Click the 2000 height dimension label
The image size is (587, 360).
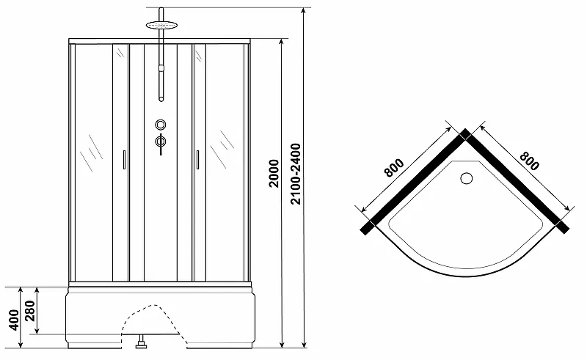tap(274, 173)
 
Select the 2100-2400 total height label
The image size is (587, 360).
tap(296, 174)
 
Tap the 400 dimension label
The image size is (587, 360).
tap(14, 320)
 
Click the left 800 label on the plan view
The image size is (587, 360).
tap(394, 167)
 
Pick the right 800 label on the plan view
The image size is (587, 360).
tap(529, 161)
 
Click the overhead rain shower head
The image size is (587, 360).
tap(161, 25)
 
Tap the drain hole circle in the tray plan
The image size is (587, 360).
tap(467, 178)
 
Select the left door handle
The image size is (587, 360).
tap(124, 160)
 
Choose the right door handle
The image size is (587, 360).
tap(197, 160)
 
